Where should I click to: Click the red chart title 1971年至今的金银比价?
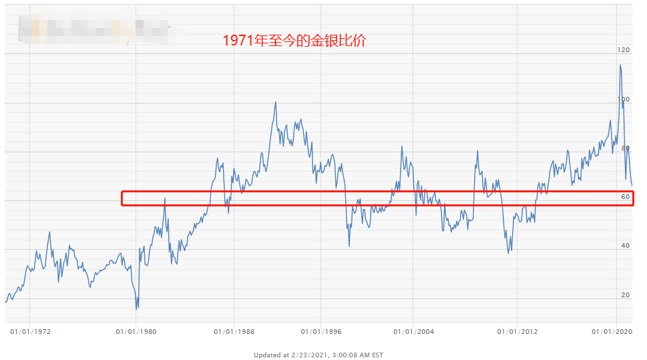pos(294,41)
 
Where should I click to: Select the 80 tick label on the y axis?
pos(625,148)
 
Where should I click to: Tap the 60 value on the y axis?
pos(625,197)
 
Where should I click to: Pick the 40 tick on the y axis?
pos(625,246)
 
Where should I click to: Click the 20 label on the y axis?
pos(625,295)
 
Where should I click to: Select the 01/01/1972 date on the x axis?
pos(31,331)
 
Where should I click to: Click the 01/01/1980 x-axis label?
pos(136,331)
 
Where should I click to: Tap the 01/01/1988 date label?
pos(234,331)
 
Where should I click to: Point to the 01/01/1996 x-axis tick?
pos(321,331)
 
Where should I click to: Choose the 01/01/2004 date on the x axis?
pos(413,331)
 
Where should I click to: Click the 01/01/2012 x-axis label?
pos(518,331)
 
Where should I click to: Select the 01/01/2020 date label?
pos(612,331)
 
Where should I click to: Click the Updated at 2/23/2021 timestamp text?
pos(318,355)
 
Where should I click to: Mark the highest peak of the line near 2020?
pos(620,65)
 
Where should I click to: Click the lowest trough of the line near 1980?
pos(137,309)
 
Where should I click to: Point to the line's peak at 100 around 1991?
pos(276,103)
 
